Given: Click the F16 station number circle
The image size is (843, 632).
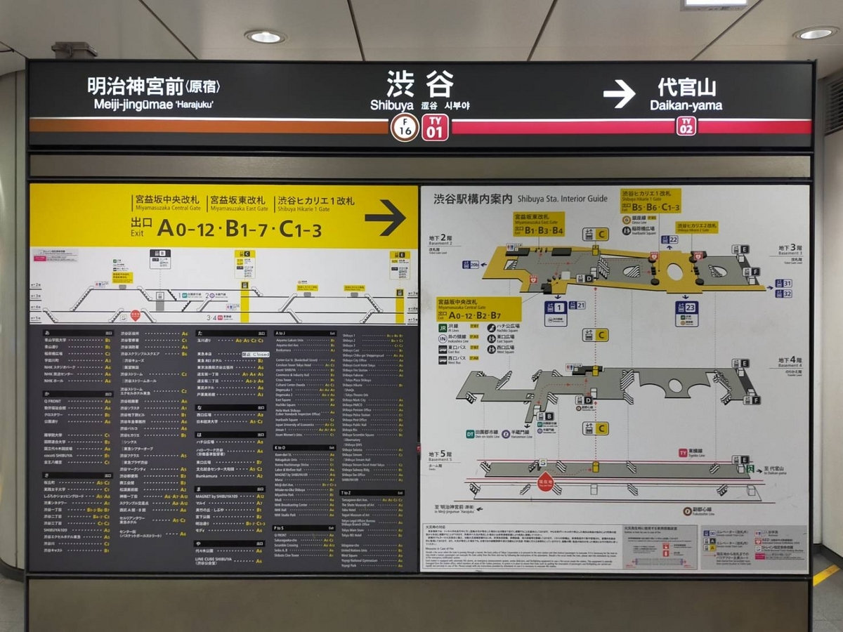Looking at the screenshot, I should point(405,127).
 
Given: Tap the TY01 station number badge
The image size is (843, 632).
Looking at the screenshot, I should point(435,127).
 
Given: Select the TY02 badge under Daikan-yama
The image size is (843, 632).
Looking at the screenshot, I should point(686,126).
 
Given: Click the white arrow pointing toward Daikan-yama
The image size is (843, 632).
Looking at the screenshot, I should point(619,95).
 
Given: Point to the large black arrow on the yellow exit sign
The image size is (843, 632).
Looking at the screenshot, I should point(385,218).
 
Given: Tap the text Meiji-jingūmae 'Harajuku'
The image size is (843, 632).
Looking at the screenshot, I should point(153,105).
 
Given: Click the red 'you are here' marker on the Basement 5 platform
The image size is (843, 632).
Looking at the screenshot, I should point(546,482).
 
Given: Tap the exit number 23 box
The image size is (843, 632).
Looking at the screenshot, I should point(687,310).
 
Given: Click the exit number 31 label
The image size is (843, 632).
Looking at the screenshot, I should point(783,284).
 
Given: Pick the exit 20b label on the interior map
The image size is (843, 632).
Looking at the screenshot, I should point(471,265).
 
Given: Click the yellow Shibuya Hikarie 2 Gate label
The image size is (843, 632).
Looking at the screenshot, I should point(697,228).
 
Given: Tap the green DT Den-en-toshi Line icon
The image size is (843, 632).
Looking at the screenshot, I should point(470,433).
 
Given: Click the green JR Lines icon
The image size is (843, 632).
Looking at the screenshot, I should point(443,327).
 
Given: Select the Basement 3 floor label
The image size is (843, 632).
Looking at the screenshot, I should point(790,249).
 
